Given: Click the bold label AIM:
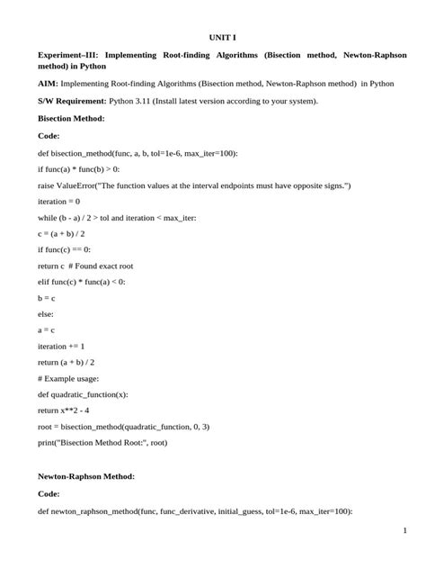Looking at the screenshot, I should coord(49,83).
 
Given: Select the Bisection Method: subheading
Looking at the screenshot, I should coord(71,118).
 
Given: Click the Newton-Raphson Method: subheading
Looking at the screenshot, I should coord(86,475).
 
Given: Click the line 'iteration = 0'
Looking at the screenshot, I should coord(58,201).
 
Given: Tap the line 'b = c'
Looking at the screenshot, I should coord(47,297).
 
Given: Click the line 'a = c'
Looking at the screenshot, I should coord(47,330).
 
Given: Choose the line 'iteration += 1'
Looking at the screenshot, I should coord(61,346).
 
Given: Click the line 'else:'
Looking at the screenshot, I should coord(46,313).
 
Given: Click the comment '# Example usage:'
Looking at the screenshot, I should coord(68,378).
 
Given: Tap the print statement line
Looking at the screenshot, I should coord(115,443).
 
